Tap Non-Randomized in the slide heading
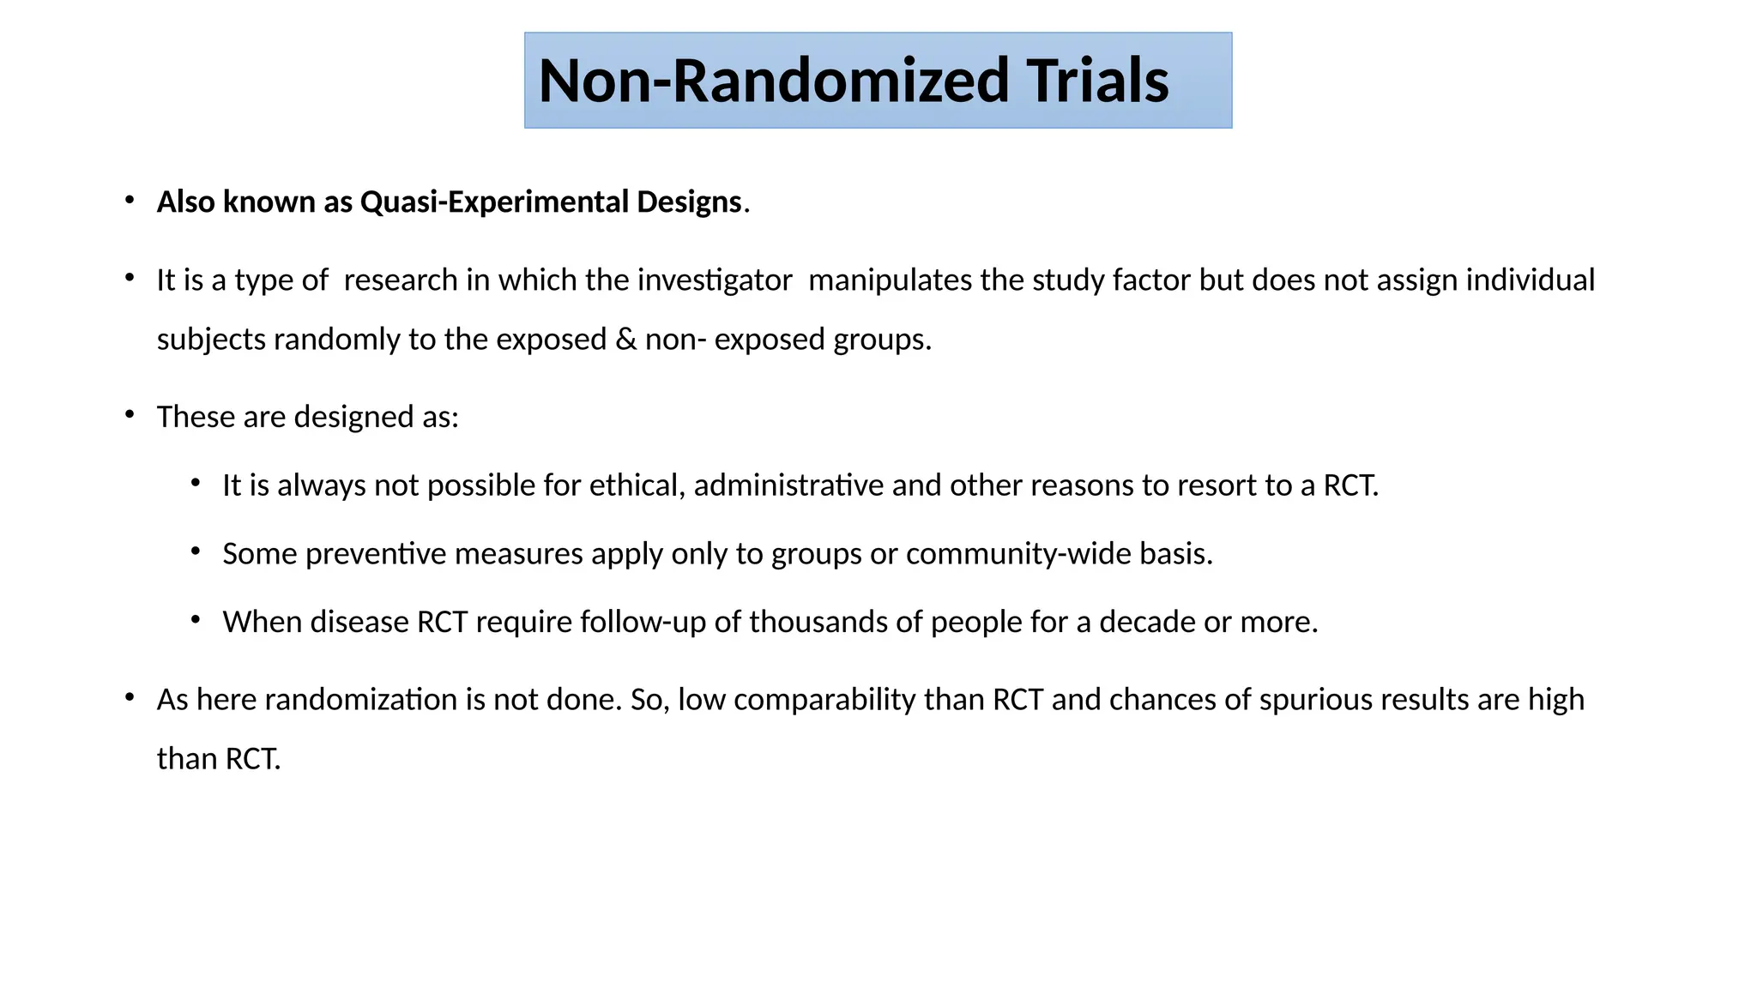pos(773,81)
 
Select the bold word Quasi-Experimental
pos(494,202)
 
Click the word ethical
pos(636,486)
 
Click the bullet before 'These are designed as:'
pos(130,416)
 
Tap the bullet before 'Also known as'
pos(130,201)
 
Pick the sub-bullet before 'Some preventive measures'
pos(196,551)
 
